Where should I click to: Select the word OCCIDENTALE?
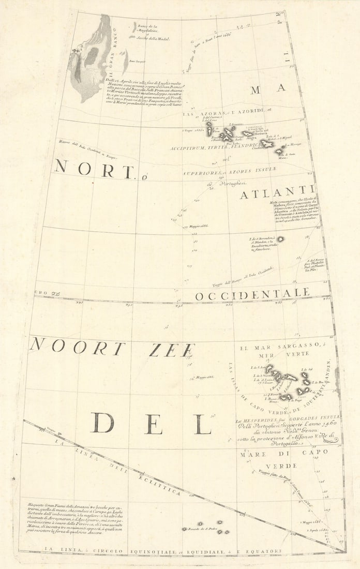tap(252, 294)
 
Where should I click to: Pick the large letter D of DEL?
tap(102, 423)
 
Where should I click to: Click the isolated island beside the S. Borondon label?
tap(280, 239)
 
